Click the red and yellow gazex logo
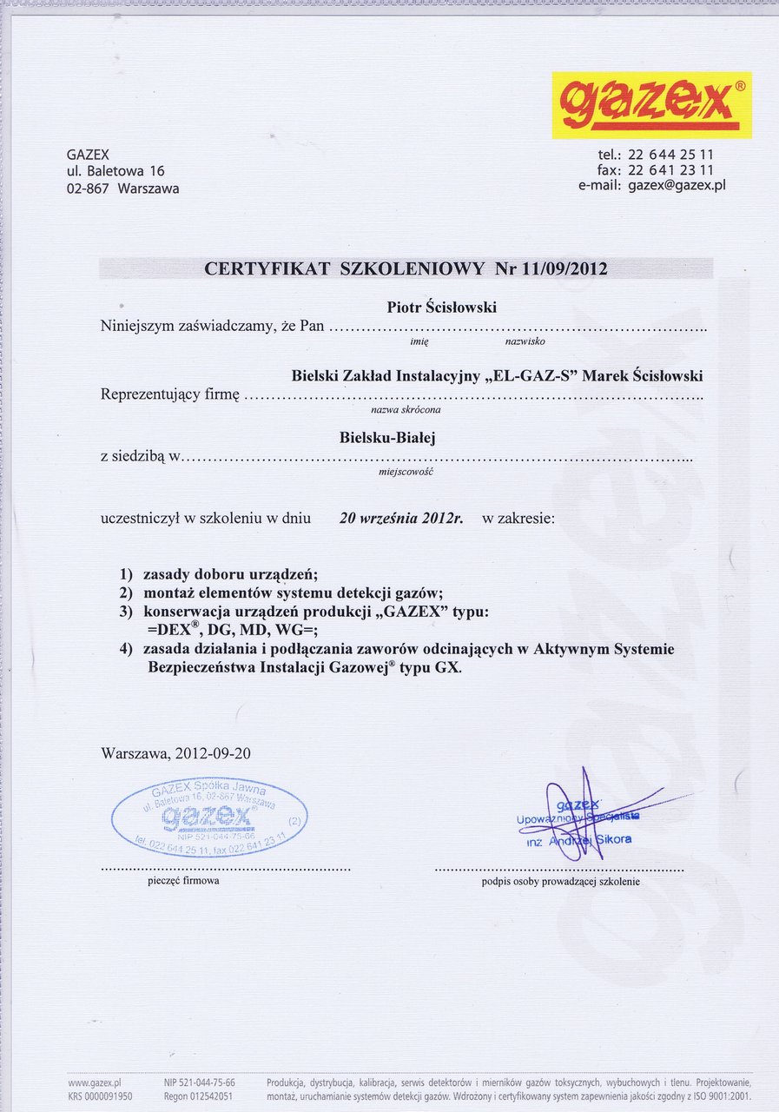[651, 105]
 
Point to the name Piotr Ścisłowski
[442, 308]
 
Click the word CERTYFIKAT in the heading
[267, 268]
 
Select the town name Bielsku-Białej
[387, 439]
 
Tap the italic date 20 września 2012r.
[401, 519]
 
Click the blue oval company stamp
[209, 817]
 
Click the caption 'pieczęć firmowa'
[183, 881]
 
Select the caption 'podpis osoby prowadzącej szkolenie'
[560, 882]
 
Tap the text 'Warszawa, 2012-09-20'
[176, 753]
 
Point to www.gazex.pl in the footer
[94, 1082]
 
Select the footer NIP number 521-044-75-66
[208, 1082]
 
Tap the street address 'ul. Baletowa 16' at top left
[116, 171]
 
